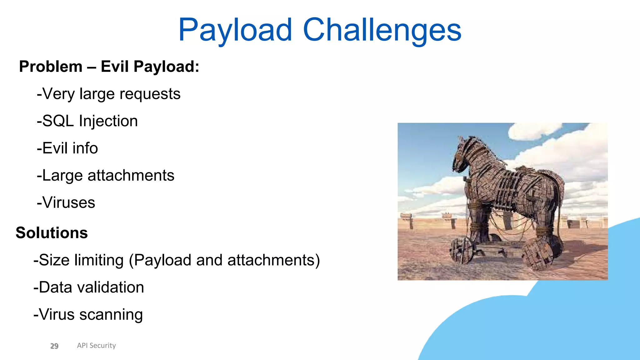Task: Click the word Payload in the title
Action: [x=235, y=30]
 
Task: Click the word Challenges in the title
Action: [x=382, y=30]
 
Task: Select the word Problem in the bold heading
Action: [x=51, y=67]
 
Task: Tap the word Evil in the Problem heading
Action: [x=115, y=67]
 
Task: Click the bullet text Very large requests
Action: [x=109, y=94]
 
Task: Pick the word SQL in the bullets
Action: [x=58, y=121]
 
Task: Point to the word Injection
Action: [x=108, y=121]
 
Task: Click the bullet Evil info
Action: [x=67, y=148]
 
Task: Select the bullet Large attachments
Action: [x=106, y=175]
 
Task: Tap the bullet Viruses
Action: [x=66, y=202]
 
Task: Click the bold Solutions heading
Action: [x=52, y=233]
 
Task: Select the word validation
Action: [x=110, y=287]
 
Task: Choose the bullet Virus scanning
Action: [x=88, y=314]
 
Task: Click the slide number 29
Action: [x=54, y=346]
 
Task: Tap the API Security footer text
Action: [x=96, y=345]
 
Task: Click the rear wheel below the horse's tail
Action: [x=538, y=254]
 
